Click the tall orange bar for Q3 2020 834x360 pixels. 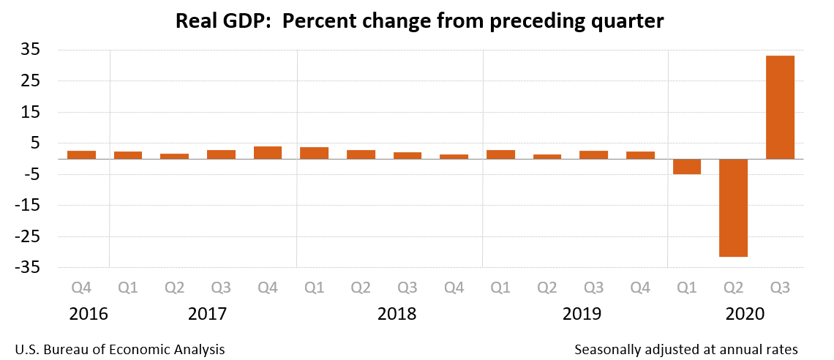(x=780, y=107)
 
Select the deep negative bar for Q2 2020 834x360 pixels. (x=733, y=208)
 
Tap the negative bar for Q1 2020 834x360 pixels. (x=686, y=166)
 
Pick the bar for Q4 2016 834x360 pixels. (x=81, y=154)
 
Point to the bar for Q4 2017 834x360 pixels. (x=268, y=152)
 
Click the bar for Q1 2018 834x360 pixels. (x=314, y=153)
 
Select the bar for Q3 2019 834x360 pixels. (x=593, y=154)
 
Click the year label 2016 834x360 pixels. (x=89, y=315)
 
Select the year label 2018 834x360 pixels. (x=397, y=315)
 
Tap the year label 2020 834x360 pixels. (x=745, y=315)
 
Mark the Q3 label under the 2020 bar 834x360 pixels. (x=780, y=288)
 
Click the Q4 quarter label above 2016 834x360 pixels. (x=81, y=288)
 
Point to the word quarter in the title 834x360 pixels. (x=621, y=22)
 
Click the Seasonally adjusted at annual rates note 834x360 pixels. (x=685, y=349)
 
